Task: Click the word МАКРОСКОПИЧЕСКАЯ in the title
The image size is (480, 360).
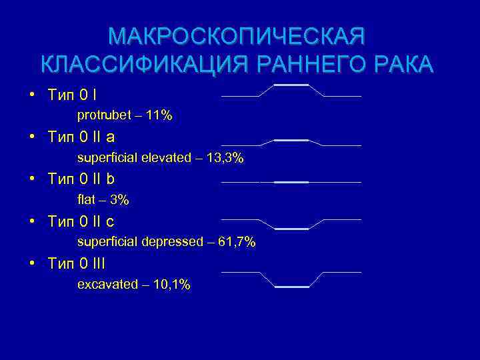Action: [x=237, y=36]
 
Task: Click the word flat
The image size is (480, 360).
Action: [x=87, y=200]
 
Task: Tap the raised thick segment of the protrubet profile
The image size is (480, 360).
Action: [x=291, y=85]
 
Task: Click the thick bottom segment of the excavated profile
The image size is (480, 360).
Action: [x=291, y=287]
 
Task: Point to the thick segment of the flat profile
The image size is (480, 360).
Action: [x=291, y=182]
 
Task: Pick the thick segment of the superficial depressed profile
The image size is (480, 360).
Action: [x=291, y=229]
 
